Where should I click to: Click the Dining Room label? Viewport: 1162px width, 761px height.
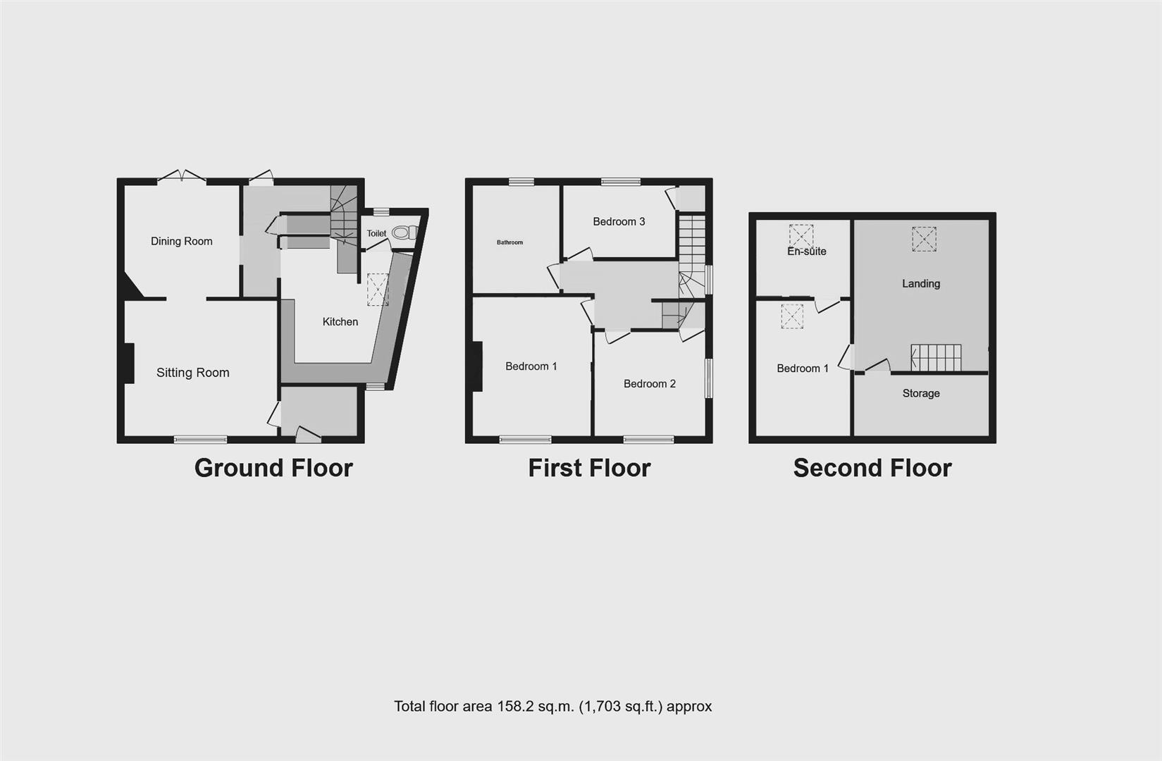click(181, 241)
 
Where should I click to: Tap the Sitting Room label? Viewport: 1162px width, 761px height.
click(192, 373)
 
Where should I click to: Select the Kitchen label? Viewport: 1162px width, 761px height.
click(340, 321)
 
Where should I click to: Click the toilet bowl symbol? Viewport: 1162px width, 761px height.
click(404, 233)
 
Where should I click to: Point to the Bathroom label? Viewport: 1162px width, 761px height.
click(509, 242)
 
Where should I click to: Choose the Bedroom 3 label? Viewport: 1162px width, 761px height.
click(619, 221)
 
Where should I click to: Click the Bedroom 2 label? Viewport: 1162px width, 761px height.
click(649, 383)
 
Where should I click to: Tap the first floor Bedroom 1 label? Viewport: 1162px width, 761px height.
click(531, 366)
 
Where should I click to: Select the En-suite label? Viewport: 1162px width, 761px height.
click(806, 251)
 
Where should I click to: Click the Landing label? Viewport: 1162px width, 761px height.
click(921, 283)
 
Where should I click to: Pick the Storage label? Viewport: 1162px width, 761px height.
click(921, 393)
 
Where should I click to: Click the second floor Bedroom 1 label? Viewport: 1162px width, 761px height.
click(803, 368)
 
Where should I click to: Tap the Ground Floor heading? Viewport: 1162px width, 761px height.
click(273, 468)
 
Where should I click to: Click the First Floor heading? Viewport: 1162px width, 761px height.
click(589, 468)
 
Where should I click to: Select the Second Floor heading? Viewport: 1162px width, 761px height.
click(872, 468)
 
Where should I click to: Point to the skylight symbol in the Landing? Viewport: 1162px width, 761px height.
click(924, 239)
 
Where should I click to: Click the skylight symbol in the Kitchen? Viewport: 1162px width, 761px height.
click(378, 289)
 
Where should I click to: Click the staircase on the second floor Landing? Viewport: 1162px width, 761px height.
click(936, 357)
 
